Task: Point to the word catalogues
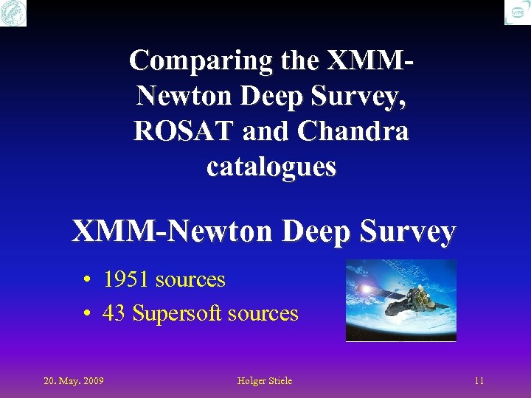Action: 271,167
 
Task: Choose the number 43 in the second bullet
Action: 114,314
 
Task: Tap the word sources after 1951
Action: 190,280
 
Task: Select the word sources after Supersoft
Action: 263,314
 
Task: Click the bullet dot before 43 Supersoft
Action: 87,315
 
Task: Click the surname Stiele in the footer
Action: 279,381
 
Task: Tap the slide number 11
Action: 479,381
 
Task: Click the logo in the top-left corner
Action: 13,13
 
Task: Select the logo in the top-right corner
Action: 517,13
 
